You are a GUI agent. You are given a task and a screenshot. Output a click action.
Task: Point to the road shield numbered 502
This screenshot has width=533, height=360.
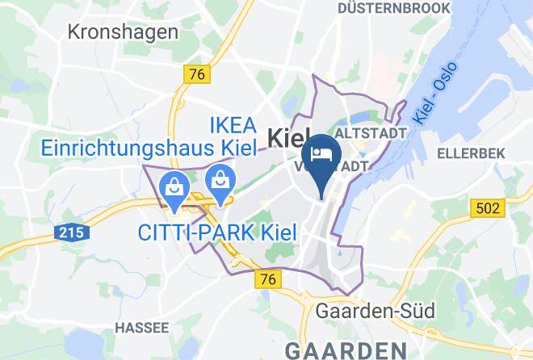[486, 208]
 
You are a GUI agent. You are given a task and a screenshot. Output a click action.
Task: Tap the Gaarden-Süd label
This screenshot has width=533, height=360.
[376, 311]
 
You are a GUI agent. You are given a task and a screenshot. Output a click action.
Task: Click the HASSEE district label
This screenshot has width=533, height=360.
[141, 327]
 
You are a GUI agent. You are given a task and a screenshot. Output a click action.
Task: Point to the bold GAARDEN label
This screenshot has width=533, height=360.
[355, 350]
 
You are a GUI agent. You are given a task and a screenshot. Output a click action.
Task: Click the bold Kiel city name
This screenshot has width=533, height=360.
[289, 139]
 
